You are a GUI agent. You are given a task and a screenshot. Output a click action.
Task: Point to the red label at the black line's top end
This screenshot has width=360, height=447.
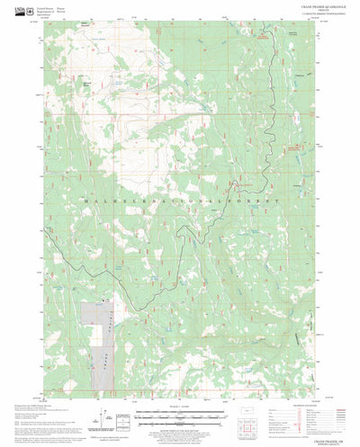coord(261,37)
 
